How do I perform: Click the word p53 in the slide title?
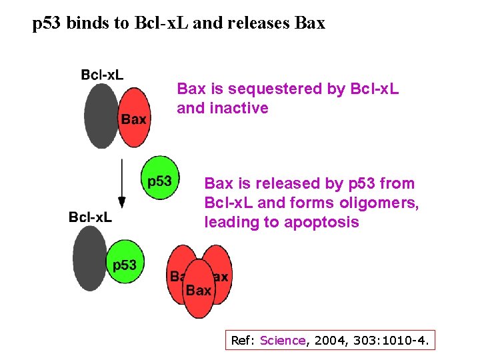point(48,24)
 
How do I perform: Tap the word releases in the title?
point(255,24)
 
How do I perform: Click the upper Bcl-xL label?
point(102,75)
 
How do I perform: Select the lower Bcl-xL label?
point(90,217)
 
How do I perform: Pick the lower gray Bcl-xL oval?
point(91,257)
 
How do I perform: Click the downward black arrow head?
point(122,201)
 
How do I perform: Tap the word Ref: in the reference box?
point(243,341)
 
